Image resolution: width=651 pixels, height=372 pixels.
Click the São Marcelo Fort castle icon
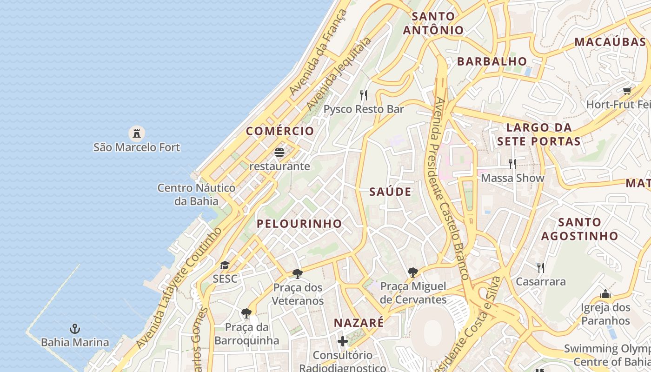pyautogui.click(x=137, y=133)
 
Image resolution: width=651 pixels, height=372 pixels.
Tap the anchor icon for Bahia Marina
pyautogui.click(x=75, y=329)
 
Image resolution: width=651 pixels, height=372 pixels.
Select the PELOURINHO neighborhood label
pyautogui.click(x=299, y=224)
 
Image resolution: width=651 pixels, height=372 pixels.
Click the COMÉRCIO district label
pyautogui.click(x=280, y=131)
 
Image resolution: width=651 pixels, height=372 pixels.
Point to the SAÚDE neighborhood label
pyautogui.click(x=390, y=192)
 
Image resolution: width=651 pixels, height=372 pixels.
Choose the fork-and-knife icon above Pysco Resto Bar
pyautogui.click(x=364, y=95)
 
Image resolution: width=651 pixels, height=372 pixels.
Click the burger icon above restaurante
pyautogui.click(x=279, y=153)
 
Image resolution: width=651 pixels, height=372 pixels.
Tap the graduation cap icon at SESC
pyautogui.click(x=225, y=266)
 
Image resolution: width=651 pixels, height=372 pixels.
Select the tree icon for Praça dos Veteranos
pyautogui.click(x=298, y=274)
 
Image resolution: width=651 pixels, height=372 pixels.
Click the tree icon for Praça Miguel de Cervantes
pyautogui.click(x=412, y=272)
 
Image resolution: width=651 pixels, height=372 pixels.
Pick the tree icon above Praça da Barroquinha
pyautogui.click(x=246, y=313)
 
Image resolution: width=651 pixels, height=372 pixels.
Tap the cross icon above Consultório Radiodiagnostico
pyautogui.click(x=343, y=342)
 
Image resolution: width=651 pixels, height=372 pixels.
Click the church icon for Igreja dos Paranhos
pyautogui.click(x=605, y=294)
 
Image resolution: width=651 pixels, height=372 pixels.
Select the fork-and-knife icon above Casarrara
pyautogui.click(x=540, y=268)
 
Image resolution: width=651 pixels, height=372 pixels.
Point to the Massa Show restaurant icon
pyautogui.click(x=512, y=164)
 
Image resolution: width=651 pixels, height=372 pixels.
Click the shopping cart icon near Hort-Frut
pyautogui.click(x=627, y=91)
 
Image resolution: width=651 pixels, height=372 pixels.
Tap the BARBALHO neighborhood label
pyautogui.click(x=492, y=61)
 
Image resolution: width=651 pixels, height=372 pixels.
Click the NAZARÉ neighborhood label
pyautogui.click(x=359, y=323)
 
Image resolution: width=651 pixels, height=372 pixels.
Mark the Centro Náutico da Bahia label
pyautogui.click(x=196, y=194)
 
